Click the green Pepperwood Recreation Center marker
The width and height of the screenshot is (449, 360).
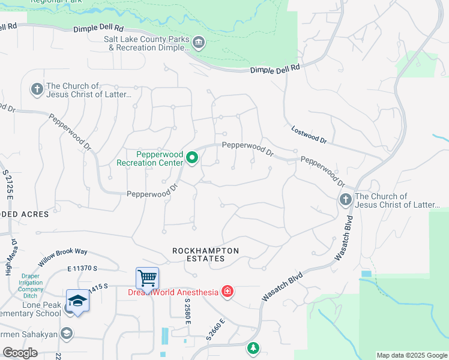(x=193, y=158)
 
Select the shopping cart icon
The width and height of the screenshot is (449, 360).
(x=147, y=278)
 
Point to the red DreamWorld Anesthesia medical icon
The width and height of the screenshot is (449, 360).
(x=227, y=292)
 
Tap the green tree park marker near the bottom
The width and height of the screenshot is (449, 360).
(x=253, y=348)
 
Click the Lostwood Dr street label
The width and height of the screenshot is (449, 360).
(x=309, y=135)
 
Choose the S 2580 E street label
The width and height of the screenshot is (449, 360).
(x=187, y=311)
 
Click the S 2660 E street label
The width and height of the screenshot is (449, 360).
(x=215, y=329)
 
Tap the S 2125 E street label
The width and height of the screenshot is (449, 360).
(x=8, y=184)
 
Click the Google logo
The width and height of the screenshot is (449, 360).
(x=20, y=353)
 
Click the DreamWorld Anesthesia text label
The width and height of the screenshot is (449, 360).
(x=172, y=292)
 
